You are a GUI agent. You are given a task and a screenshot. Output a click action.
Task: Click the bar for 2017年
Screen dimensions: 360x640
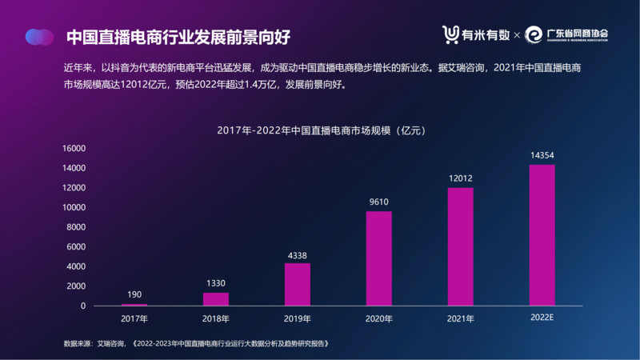134,305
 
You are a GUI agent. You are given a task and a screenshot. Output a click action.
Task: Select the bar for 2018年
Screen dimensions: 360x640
216,298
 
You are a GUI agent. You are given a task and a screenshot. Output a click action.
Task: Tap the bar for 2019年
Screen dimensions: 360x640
298,284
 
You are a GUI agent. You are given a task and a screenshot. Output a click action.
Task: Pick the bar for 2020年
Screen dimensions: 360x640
379,258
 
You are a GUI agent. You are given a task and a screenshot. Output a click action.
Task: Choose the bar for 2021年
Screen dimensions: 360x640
461,246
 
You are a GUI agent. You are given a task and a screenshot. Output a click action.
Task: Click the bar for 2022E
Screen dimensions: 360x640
542,235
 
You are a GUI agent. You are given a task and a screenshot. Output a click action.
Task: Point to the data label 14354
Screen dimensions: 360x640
542,154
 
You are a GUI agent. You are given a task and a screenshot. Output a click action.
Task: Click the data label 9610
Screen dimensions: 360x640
379,202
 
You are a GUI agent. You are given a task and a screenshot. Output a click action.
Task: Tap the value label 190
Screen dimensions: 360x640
134,294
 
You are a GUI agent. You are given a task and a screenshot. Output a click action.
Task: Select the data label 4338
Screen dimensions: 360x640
298,256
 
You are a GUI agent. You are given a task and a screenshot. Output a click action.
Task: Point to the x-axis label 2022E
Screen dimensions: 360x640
542,318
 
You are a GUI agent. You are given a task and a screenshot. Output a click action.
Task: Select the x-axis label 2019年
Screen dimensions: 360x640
298,318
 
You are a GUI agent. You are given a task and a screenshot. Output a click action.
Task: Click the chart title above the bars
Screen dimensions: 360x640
320,130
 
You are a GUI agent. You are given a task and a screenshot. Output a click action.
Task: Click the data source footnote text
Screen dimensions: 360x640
197,343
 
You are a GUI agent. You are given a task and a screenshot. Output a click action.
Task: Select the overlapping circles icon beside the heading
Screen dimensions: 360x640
39,36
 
